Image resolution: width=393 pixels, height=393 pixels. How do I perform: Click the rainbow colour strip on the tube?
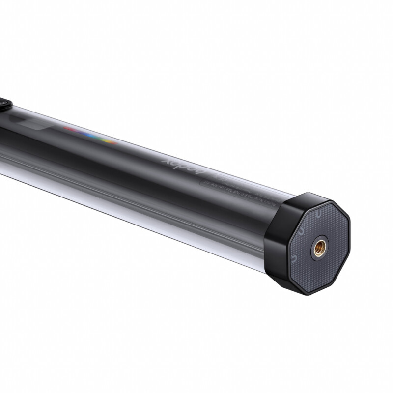(x=89, y=136)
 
